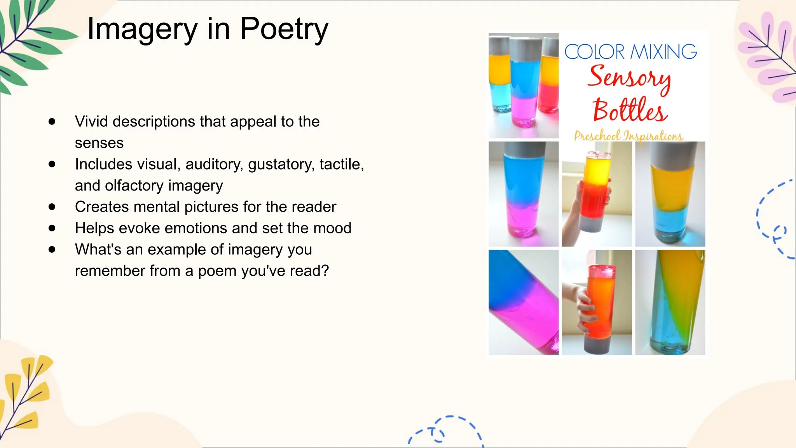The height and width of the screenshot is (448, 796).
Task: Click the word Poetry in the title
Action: (x=284, y=30)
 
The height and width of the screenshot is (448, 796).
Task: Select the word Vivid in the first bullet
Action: (x=91, y=122)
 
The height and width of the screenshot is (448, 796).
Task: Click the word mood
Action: (x=334, y=228)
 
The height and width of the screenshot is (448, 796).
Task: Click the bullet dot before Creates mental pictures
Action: (x=52, y=207)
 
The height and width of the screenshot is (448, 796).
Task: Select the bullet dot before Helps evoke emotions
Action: (x=52, y=228)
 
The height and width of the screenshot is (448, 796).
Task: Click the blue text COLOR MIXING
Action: (x=630, y=52)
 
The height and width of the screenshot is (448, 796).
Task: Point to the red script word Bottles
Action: (x=630, y=110)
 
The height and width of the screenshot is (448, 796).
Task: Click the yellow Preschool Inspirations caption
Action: (x=628, y=136)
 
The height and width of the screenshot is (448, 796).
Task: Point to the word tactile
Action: (x=341, y=164)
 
